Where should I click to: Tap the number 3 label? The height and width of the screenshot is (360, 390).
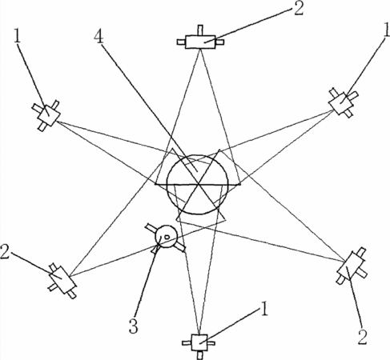pyautogui.click(x=134, y=326)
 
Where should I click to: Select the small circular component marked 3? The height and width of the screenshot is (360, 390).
pyautogui.click(x=166, y=236)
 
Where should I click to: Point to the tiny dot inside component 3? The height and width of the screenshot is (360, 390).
pyautogui.click(x=167, y=236)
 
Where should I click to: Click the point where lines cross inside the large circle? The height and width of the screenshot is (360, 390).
pyautogui.click(x=198, y=184)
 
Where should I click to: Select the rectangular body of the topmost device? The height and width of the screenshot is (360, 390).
pyautogui.click(x=200, y=42)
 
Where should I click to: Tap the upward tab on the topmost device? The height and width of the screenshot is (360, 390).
pyautogui.click(x=200, y=30)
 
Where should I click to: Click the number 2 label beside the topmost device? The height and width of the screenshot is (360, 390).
pyautogui.click(x=299, y=8)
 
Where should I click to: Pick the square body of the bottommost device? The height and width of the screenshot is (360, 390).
pyautogui.click(x=199, y=342)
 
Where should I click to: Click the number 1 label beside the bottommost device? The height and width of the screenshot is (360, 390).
pyautogui.click(x=264, y=309)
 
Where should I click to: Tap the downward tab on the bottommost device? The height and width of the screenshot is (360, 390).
pyautogui.click(x=200, y=354)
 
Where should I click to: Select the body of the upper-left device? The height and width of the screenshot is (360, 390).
pyautogui.click(x=49, y=115)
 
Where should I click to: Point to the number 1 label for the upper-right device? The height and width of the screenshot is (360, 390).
pyautogui.click(x=386, y=31)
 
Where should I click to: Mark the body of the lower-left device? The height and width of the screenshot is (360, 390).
pyautogui.click(x=62, y=279)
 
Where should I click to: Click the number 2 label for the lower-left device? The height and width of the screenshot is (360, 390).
pyautogui.click(x=5, y=252)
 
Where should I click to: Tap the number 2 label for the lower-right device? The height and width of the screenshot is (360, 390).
pyautogui.click(x=362, y=338)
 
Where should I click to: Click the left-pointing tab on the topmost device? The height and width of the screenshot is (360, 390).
pyautogui.click(x=181, y=42)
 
